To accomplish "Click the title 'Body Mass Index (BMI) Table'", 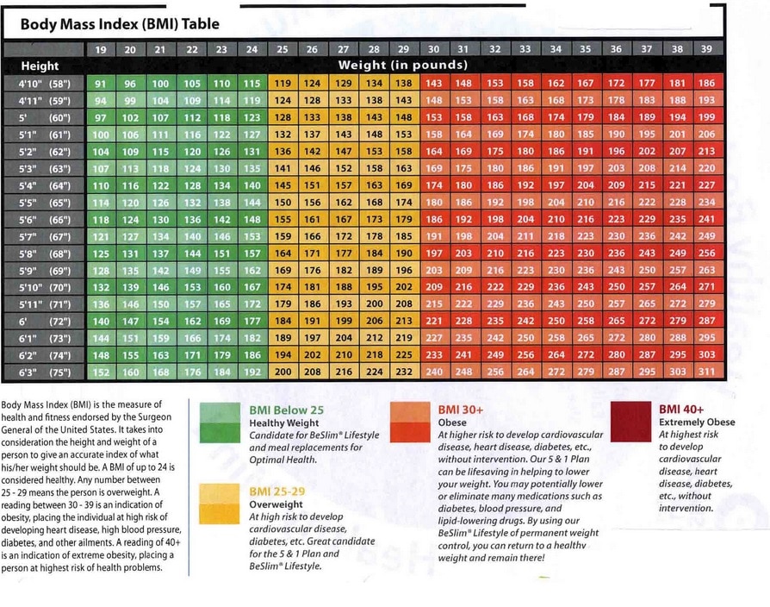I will [120, 25].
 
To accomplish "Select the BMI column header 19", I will [101, 50].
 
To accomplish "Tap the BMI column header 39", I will [706, 50].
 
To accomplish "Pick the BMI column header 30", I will [433, 50].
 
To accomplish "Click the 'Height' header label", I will [40, 66].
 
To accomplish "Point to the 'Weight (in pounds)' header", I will [403, 66].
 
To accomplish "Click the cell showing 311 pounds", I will [706, 372].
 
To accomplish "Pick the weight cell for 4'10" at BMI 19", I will [101, 84].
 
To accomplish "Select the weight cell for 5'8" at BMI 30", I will [433, 253].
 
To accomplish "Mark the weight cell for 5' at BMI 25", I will [282, 117].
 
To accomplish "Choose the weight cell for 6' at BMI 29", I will [403, 321].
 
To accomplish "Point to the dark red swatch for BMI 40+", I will [632, 422].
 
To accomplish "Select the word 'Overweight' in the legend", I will [277, 504].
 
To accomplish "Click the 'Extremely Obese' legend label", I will [697, 422].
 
